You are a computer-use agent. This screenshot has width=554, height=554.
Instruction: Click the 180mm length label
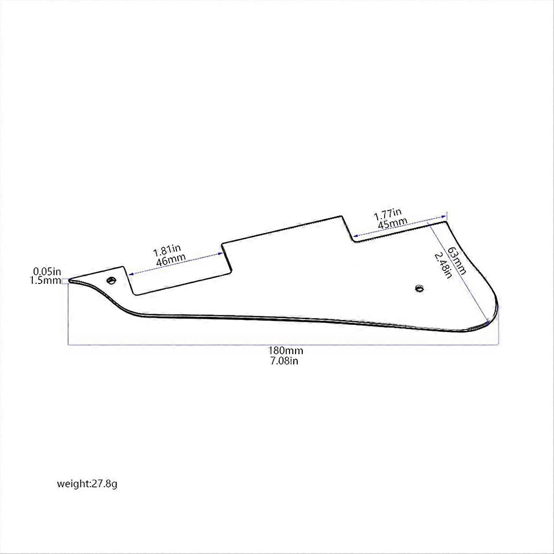coord(286,351)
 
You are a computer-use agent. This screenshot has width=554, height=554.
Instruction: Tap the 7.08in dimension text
coord(284,361)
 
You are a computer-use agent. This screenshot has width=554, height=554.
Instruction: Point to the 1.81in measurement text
coord(167,251)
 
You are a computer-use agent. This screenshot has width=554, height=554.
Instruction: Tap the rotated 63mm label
coord(456,261)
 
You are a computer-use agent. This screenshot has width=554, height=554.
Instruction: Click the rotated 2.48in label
coord(443,265)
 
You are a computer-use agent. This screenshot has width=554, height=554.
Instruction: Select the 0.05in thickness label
coord(47,271)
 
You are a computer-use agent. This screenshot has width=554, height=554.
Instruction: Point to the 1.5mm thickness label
coord(46,280)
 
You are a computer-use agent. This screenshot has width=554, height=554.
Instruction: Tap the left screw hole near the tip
coord(111,280)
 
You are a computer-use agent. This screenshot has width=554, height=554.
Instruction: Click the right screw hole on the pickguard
coord(420,288)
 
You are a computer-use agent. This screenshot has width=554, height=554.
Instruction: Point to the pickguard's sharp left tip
coord(69,281)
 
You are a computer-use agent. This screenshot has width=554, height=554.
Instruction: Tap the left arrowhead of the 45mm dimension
coord(355,235)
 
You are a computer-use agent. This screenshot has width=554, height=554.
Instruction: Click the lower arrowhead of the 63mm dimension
coord(488,323)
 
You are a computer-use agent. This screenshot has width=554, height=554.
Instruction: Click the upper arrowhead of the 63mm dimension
coord(429,223)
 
